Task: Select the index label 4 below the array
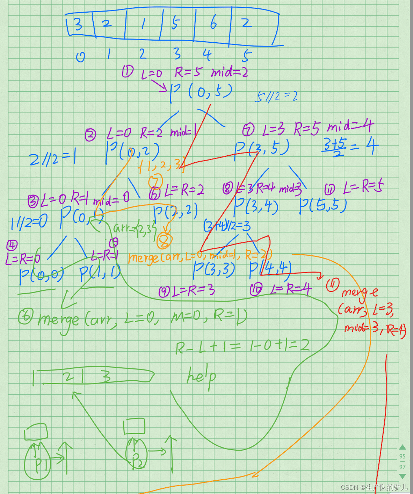click(x=207, y=55)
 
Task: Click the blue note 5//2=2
click(x=276, y=96)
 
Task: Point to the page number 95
click(x=403, y=456)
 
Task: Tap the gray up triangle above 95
click(x=403, y=447)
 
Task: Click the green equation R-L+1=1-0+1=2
click(x=242, y=346)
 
